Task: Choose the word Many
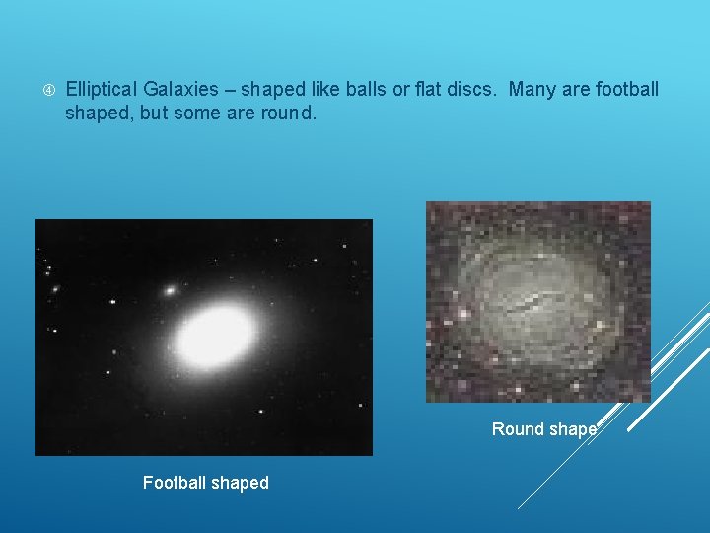click(533, 91)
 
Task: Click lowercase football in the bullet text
click(626, 91)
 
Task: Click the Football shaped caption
click(205, 483)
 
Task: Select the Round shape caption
click(544, 429)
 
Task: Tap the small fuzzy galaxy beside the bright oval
click(171, 291)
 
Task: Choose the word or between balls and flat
click(400, 91)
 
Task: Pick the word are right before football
click(576, 91)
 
